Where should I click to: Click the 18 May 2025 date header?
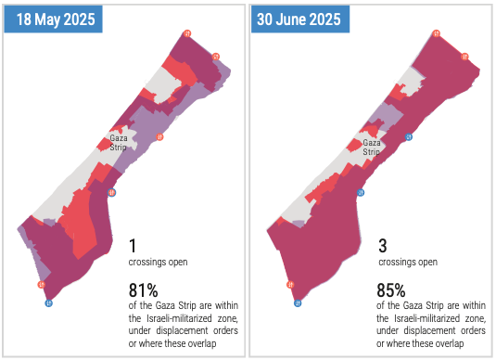click(x=53, y=19)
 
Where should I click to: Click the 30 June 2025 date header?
click(x=300, y=19)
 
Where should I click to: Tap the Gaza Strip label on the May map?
click(x=119, y=143)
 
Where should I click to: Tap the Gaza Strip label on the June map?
click(x=372, y=148)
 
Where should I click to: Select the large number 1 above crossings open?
click(x=133, y=246)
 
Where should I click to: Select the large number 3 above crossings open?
click(x=383, y=246)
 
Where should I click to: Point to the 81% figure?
click(x=143, y=289)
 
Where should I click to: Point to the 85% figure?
click(x=391, y=289)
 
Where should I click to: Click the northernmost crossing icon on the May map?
click(x=187, y=33)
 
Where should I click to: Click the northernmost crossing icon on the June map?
click(x=437, y=33)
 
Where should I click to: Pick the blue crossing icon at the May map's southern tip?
click(x=48, y=303)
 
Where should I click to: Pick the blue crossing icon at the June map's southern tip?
click(x=298, y=303)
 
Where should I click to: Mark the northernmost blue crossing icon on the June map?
click(x=409, y=136)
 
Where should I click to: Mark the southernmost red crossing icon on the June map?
click(x=290, y=285)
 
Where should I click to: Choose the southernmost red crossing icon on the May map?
click(x=41, y=284)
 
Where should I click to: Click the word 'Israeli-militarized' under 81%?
click(x=179, y=318)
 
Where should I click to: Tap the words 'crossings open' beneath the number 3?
click(x=408, y=262)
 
